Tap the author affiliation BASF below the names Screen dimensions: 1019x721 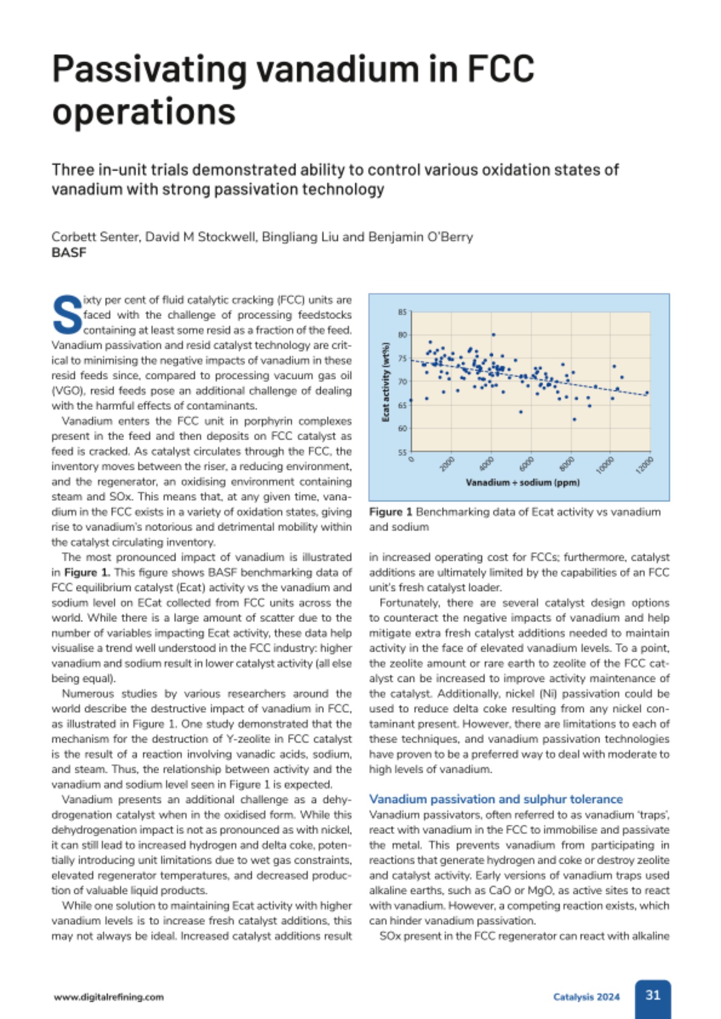pos(69,253)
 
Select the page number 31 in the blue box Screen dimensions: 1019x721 pos(653,995)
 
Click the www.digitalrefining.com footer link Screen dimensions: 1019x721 pos(109,997)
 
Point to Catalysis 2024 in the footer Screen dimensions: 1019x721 pos(586,997)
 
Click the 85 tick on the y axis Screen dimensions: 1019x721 pos(402,312)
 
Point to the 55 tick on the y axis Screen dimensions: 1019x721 pos(402,452)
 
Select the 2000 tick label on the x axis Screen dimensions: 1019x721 pos(447,464)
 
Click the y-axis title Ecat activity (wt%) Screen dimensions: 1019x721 pos(386,382)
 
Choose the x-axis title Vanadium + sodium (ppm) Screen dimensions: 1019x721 pos(523,482)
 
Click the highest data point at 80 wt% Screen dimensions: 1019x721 pos(494,335)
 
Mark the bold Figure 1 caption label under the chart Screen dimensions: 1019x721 pos(391,512)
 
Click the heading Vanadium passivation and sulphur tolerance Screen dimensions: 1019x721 pos(496,799)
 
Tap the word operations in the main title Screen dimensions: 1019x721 pos(144,112)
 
